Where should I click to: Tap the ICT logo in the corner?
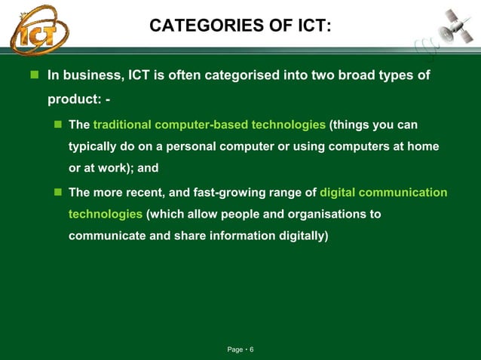coord(38,29)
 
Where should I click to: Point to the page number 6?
coord(252,349)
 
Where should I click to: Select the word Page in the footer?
coord(235,349)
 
